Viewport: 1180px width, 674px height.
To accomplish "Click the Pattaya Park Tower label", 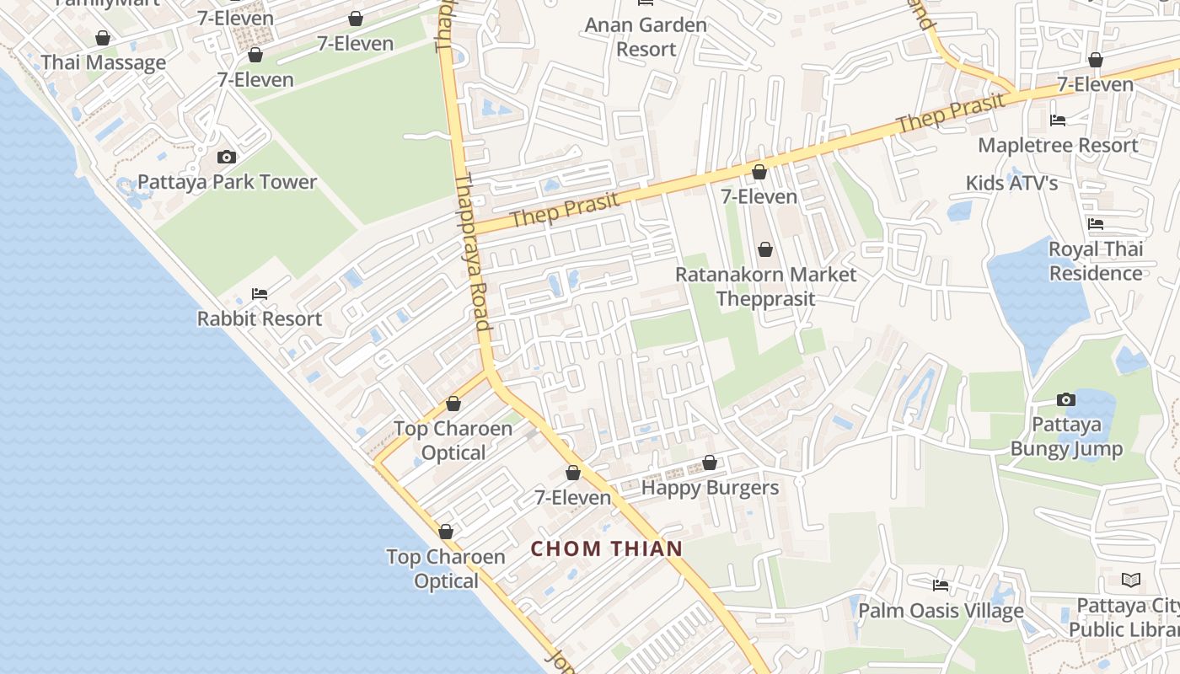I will (x=227, y=182).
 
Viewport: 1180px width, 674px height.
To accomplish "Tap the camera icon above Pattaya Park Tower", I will (x=226, y=157).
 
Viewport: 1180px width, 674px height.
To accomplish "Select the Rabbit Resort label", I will (x=260, y=318).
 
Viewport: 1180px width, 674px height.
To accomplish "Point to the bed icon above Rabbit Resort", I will (x=260, y=294).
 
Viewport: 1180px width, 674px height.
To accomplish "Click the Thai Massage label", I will (x=104, y=62).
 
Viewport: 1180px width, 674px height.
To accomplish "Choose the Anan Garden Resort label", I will (x=646, y=37).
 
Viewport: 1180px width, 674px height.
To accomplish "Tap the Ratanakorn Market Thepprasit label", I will (x=765, y=286).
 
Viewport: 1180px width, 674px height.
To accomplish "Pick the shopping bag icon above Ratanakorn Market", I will (x=765, y=249).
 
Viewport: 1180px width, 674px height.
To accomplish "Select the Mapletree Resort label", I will (x=1058, y=145).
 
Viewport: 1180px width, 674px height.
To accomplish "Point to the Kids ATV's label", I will (x=1011, y=183).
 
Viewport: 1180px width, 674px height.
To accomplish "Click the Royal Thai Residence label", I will (x=1096, y=261).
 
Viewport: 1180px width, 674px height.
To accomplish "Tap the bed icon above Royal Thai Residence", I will (x=1096, y=224).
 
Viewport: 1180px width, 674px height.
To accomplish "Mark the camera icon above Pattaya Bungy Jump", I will (x=1066, y=399).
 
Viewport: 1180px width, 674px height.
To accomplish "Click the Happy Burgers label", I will (x=710, y=488).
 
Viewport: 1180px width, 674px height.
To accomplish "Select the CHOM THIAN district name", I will (x=606, y=548).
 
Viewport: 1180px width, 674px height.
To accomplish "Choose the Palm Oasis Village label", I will (x=941, y=611).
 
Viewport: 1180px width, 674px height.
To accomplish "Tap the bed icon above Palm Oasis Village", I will (x=941, y=585).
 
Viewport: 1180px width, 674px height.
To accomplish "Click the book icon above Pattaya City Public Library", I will (x=1131, y=580).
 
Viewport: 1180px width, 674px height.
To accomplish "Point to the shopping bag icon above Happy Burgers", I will (x=710, y=463).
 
